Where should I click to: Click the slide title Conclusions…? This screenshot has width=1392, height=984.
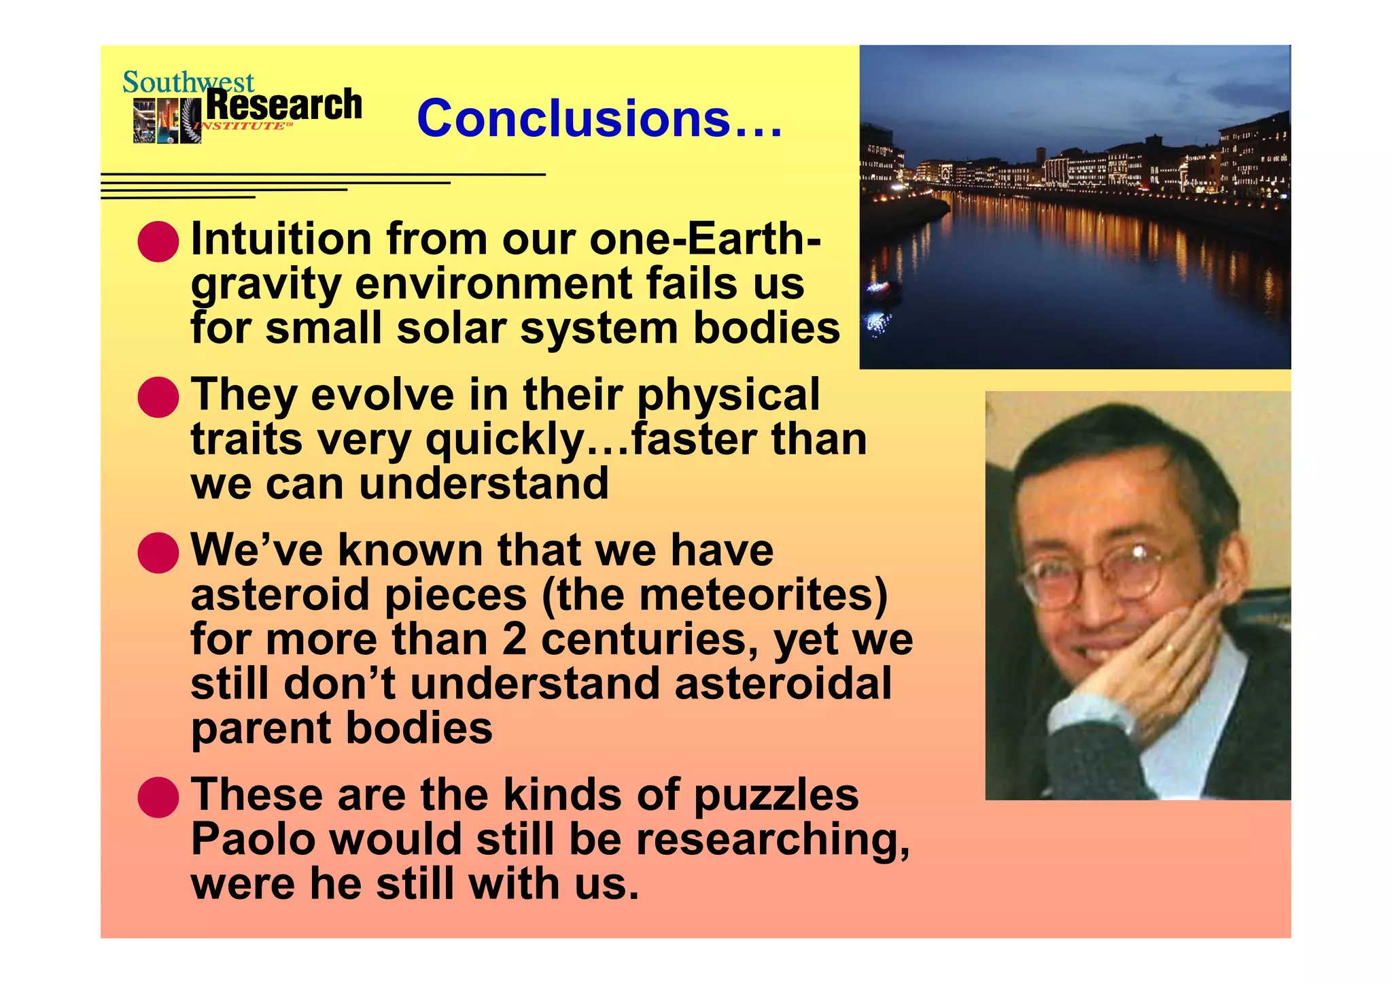click(x=599, y=118)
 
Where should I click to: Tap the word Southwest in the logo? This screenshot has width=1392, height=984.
click(x=188, y=82)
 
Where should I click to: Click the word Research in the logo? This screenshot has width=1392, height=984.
click(x=283, y=105)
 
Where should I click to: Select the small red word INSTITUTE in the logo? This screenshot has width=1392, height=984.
click(x=239, y=126)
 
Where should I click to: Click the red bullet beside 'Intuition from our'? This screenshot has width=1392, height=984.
click(x=158, y=241)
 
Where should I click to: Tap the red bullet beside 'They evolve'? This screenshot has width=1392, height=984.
click(x=158, y=396)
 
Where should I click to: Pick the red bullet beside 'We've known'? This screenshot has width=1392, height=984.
click(x=158, y=552)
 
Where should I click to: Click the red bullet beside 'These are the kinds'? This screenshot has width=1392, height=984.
click(x=158, y=796)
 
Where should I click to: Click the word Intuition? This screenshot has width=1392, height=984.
click(x=281, y=239)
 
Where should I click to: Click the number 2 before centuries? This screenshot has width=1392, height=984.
click(x=515, y=640)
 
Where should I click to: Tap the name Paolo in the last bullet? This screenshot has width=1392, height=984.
click(x=254, y=839)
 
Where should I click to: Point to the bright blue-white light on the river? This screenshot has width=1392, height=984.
click(x=877, y=322)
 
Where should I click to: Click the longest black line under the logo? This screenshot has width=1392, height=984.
click(x=323, y=175)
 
